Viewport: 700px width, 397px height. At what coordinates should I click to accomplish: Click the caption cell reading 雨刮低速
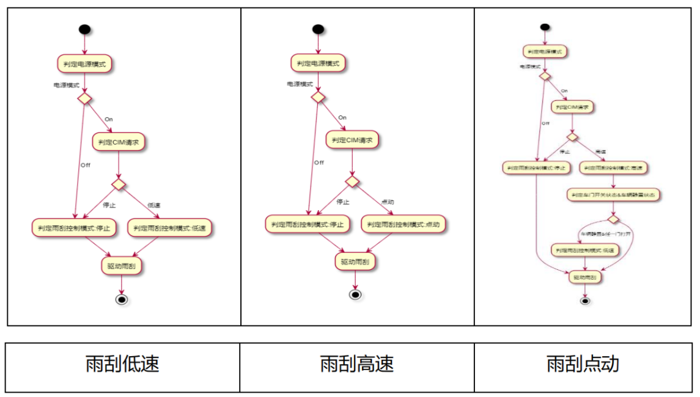pyautogui.click(x=123, y=365)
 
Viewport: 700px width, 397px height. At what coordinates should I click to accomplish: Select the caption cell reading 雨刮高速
pyautogui.click(x=357, y=365)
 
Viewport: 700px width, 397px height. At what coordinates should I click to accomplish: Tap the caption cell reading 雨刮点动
pyautogui.click(x=583, y=365)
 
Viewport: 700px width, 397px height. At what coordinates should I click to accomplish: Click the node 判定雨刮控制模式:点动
pyautogui.click(x=403, y=225)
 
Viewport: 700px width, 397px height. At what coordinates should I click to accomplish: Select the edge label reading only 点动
pyautogui.click(x=388, y=202)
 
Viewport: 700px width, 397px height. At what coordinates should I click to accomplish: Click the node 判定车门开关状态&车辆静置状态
pyautogui.click(x=614, y=195)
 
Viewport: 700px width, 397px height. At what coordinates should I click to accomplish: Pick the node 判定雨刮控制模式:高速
pyautogui.click(x=613, y=168)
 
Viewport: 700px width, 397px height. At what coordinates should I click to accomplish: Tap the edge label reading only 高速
pyautogui.click(x=600, y=151)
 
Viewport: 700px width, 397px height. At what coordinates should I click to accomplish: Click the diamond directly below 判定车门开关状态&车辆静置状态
pyautogui.click(x=613, y=218)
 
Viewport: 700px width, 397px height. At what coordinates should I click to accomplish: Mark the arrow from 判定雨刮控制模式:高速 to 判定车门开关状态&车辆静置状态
pyautogui.click(x=613, y=181)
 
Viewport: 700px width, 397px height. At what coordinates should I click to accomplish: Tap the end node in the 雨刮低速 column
pyautogui.click(x=121, y=299)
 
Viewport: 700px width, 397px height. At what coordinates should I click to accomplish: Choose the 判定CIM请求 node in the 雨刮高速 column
pyautogui.click(x=353, y=140)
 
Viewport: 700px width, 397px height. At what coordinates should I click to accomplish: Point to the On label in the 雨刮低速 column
pyautogui.click(x=109, y=118)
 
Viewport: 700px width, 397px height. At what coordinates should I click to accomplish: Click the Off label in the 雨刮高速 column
pyautogui.click(x=319, y=162)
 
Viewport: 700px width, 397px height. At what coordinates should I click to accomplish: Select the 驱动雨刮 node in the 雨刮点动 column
pyautogui.click(x=585, y=277)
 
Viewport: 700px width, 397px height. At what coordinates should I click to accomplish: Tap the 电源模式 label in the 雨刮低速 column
pyautogui.click(x=67, y=85)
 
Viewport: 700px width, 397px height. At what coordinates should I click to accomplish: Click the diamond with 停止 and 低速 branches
pyautogui.click(x=118, y=183)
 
